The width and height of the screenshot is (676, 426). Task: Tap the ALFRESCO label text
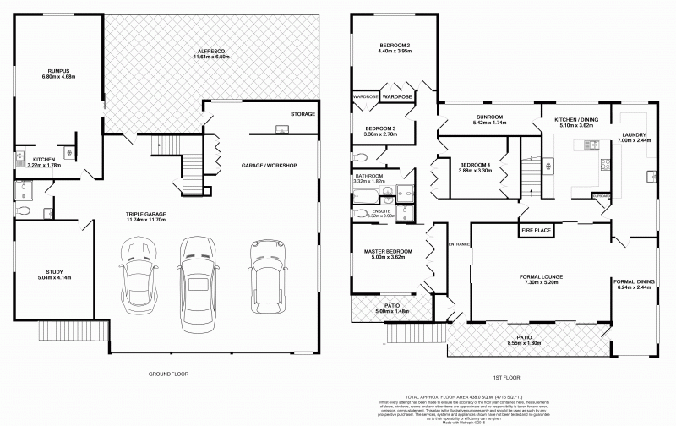[212, 50]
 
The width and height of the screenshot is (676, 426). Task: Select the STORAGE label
[303, 114]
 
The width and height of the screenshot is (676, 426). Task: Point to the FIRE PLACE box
[535, 229]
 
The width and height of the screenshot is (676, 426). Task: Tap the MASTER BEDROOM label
[388, 251]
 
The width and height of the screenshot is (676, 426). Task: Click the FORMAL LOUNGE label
[542, 276]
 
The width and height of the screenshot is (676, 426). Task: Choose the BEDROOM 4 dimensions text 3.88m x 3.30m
[476, 170]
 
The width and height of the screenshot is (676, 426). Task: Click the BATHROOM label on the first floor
[369, 175]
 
